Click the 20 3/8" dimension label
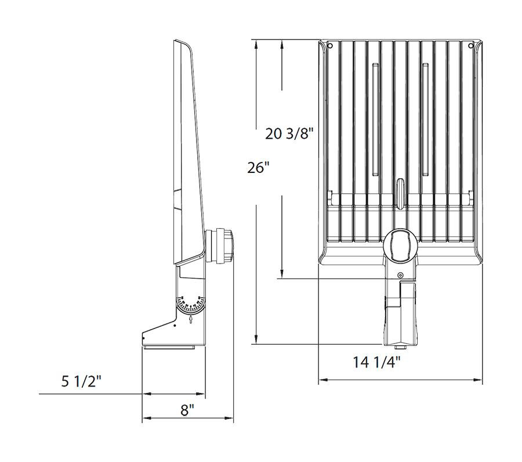tap(289, 134)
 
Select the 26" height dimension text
tap(259, 168)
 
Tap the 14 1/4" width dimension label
tap(377, 363)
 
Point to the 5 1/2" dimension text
tap(81, 381)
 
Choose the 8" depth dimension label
tap(187, 410)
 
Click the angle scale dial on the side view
tap(190, 305)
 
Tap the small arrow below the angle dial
tap(191, 320)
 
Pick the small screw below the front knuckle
tap(400, 275)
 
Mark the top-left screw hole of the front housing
tap(329, 45)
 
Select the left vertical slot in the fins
tap(375, 119)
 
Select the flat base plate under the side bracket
tap(169, 347)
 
